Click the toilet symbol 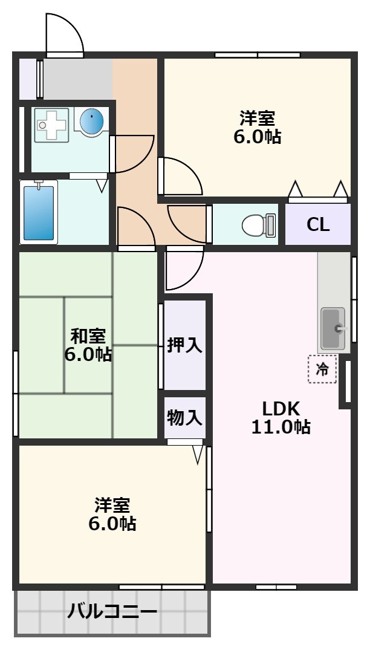click(257, 226)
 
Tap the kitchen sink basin click(332, 328)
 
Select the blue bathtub click(39, 212)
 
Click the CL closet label click(318, 224)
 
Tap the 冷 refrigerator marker click(323, 369)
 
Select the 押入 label click(184, 345)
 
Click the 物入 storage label click(184, 417)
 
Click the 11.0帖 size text click(281, 428)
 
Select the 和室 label click(88, 335)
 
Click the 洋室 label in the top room click(258, 116)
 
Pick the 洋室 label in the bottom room click(112, 503)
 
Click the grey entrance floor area click(77, 78)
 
